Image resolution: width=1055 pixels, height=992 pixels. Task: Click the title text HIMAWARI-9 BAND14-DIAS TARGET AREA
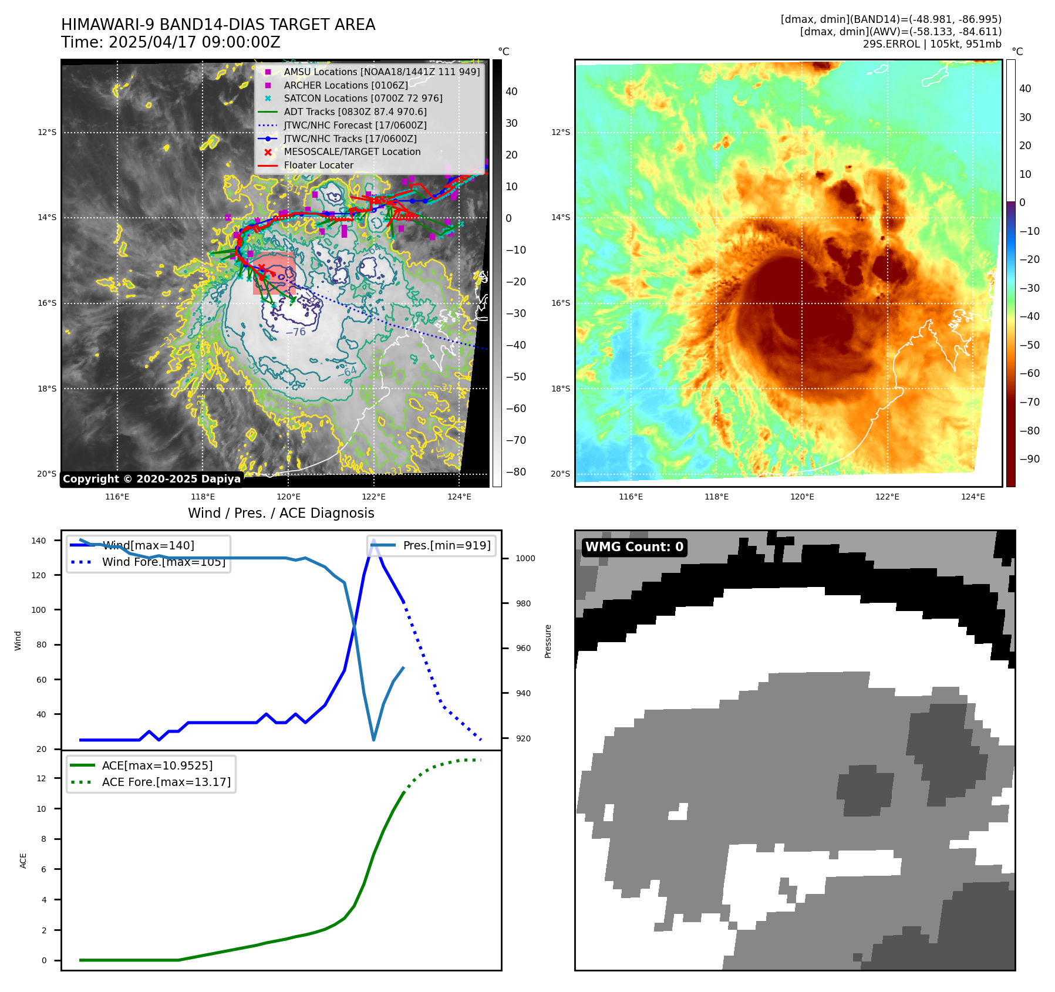[x=218, y=25]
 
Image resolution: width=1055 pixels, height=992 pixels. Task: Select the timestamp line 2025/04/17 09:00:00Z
[x=194, y=43]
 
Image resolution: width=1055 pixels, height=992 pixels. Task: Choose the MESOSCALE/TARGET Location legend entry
[x=352, y=152]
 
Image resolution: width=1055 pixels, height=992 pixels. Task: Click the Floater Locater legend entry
[x=318, y=166]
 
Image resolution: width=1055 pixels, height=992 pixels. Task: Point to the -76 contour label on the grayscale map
[x=296, y=332]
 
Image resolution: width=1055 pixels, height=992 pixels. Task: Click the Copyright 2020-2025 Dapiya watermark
[x=151, y=479]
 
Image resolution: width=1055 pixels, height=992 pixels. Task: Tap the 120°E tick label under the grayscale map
[x=288, y=497]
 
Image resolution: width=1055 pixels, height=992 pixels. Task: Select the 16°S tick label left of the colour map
[x=560, y=303]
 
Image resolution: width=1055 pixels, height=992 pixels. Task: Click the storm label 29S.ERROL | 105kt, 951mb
[x=932, y=44]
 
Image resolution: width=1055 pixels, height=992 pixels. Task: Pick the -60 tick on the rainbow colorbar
[x=1029, y=373]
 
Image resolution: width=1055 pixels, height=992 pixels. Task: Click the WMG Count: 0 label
[x=634, y=547]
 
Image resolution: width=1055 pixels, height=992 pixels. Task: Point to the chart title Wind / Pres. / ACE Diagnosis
[x=281, y=514]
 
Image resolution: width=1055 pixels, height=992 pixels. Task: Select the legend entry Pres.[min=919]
[x=446, y=545]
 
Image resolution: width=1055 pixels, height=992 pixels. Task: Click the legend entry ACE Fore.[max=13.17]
[x=166, y=782]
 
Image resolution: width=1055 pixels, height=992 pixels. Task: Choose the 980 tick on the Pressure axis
[x=525, y=603]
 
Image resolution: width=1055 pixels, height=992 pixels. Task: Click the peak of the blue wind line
[x=373, y=539]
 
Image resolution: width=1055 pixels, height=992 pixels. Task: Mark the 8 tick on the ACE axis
[x=43, y=839]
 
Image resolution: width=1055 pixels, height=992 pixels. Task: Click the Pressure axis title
[x=548, y=641]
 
